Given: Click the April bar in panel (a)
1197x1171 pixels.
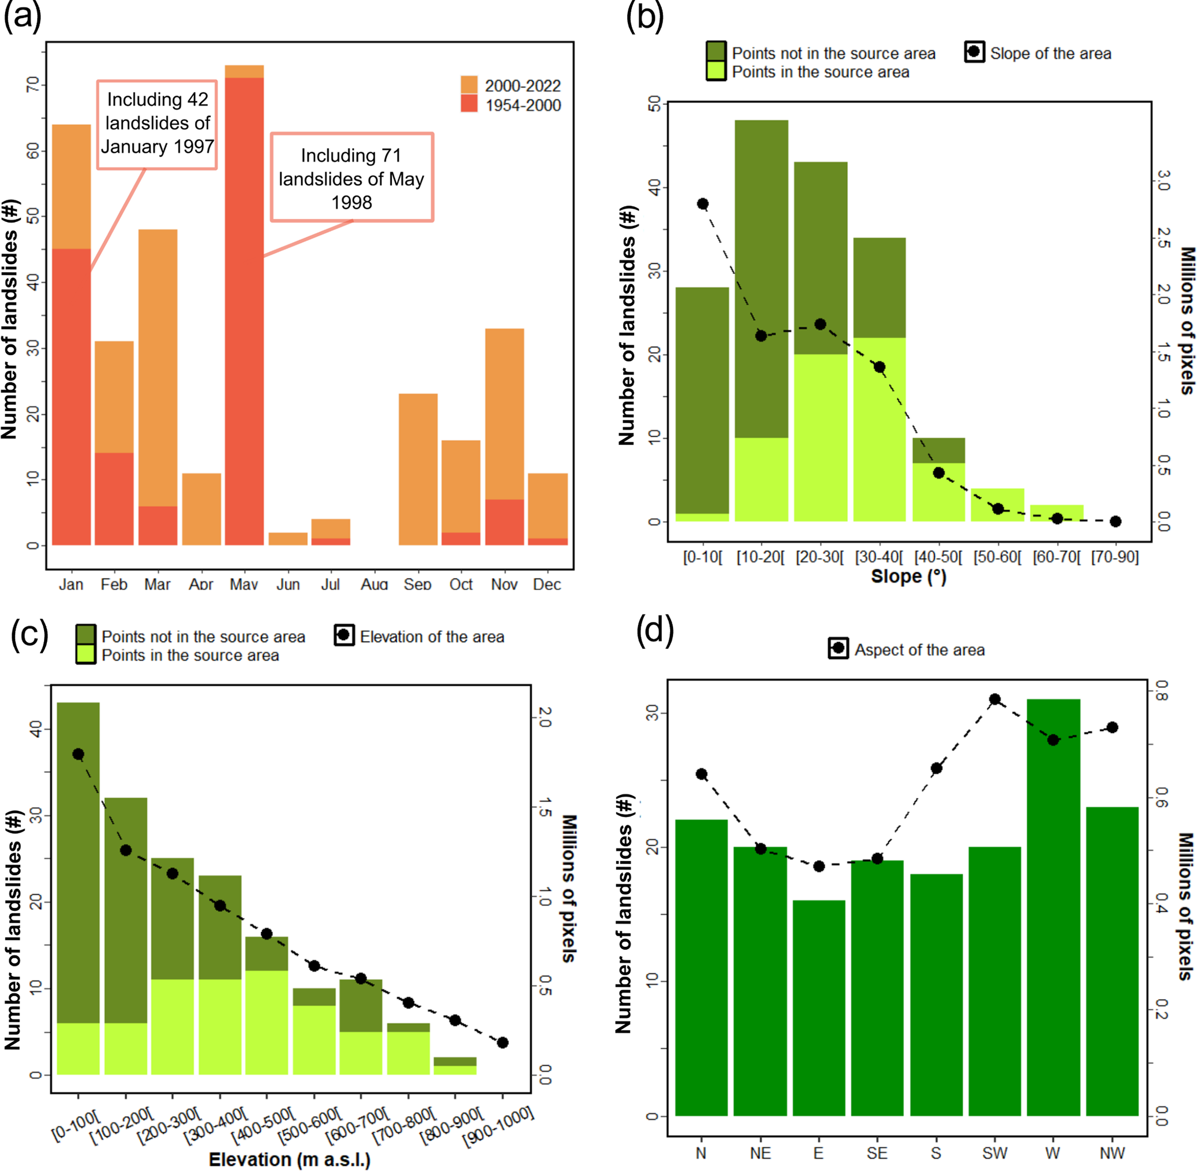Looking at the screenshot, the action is pos(202,509).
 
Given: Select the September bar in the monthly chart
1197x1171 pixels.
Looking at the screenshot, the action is pos(418,469).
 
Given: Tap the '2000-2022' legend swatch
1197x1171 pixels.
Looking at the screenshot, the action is pos(469,85).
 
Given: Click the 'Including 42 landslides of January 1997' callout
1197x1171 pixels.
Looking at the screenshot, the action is pos(158,125).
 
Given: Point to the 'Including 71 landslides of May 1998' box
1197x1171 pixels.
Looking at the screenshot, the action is pos(352,178).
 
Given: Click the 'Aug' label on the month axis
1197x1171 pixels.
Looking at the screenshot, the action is pos(375,584).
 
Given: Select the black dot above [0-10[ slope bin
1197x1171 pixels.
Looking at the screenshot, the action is pos(702,204).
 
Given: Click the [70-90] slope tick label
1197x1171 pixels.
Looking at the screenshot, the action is pos(1115,557).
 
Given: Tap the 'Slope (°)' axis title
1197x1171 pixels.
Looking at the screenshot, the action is pos(909,577).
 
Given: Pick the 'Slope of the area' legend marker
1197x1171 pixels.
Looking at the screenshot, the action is pos(973,52).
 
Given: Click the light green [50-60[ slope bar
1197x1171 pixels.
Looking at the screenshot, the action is pos(998,505).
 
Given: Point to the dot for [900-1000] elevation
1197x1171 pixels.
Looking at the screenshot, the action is pos(503,1042).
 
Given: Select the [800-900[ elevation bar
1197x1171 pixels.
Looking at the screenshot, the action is pos(455,1066).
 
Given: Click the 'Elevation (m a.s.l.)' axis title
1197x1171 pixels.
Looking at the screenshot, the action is pos(290,1160).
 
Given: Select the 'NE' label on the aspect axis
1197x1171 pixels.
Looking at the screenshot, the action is pos(760,1153).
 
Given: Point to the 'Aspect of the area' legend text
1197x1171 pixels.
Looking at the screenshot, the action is pos(920,650).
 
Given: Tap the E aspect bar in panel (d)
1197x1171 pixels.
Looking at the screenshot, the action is pos(819,1008).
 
